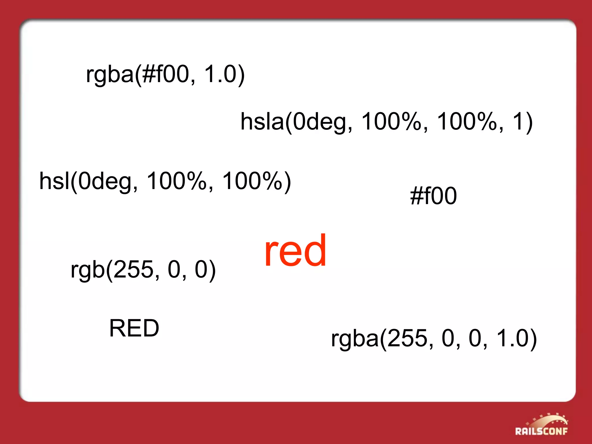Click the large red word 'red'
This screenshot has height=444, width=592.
[295, 251]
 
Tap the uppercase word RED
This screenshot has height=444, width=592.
[134, 328]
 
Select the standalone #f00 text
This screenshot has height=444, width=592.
[433, 196]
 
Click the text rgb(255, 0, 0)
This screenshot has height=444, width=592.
[143, 270]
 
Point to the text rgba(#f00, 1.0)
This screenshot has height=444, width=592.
[165, 75]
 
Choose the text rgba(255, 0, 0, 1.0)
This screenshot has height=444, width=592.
[434, 338]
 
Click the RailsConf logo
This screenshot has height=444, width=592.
[541, 425]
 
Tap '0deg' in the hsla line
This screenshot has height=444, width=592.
[319, 122]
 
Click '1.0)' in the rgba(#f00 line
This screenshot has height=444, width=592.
[224, 75]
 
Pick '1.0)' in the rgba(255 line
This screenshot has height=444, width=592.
[516, 338]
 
